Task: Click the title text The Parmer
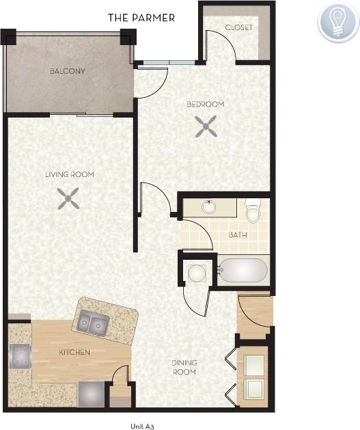pos(141,18)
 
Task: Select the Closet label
pos(238,28)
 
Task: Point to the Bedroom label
pos(206,105)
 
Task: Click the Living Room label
pos(70,175)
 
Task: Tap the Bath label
pos(238,234)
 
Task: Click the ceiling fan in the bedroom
pos(206,125)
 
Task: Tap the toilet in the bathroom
pos(253,212)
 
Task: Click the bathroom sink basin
pos(208,206)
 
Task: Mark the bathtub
pos(243,270)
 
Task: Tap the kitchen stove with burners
pos(20,356)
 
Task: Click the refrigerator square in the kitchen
pos(91,393)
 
